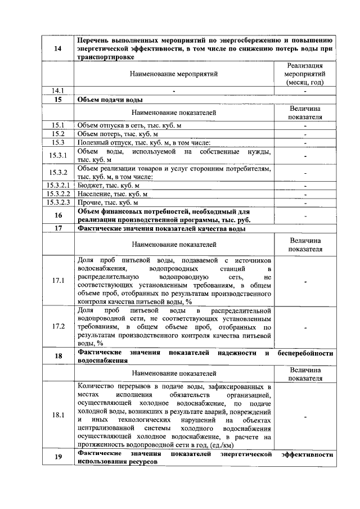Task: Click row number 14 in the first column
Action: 58,49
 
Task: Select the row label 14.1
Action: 58,90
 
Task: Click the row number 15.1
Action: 58,125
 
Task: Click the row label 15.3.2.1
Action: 58,184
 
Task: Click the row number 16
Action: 58,215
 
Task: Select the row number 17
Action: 58,228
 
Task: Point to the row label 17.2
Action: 58,326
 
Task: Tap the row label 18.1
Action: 58,415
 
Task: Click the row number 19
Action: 58,457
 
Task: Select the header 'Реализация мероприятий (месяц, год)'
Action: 305,74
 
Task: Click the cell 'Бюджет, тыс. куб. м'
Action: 108,184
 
